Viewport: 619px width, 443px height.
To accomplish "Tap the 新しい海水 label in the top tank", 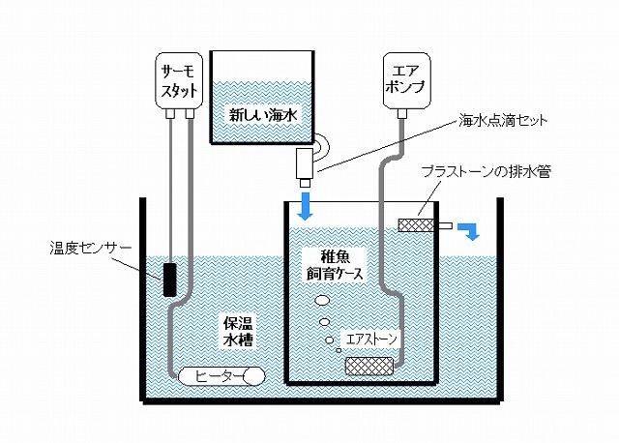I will click(265, 114).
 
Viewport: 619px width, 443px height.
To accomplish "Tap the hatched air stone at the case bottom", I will click(369, 366).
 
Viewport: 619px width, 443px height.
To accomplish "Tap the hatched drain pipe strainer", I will click(418, 225).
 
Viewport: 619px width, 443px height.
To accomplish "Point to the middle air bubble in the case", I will click(324, 321).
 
